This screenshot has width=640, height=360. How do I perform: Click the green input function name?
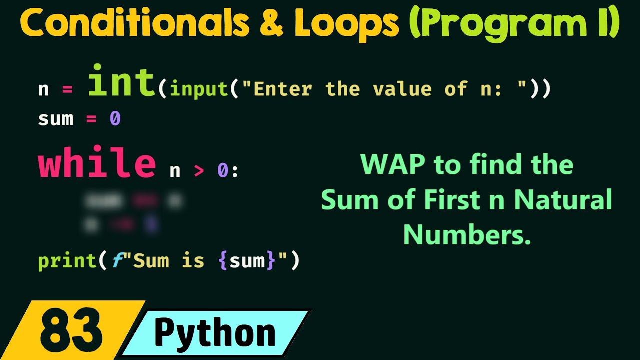(199, 89)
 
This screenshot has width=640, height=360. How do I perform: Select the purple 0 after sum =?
(115, 119)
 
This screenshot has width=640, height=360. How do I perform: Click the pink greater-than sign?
(199, 171)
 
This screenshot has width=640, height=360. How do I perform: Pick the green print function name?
(67, 261)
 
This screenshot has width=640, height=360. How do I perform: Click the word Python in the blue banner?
(215, 332)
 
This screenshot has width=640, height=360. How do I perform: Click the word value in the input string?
(402, 89)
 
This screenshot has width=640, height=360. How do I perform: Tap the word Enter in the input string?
(283, 89)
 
